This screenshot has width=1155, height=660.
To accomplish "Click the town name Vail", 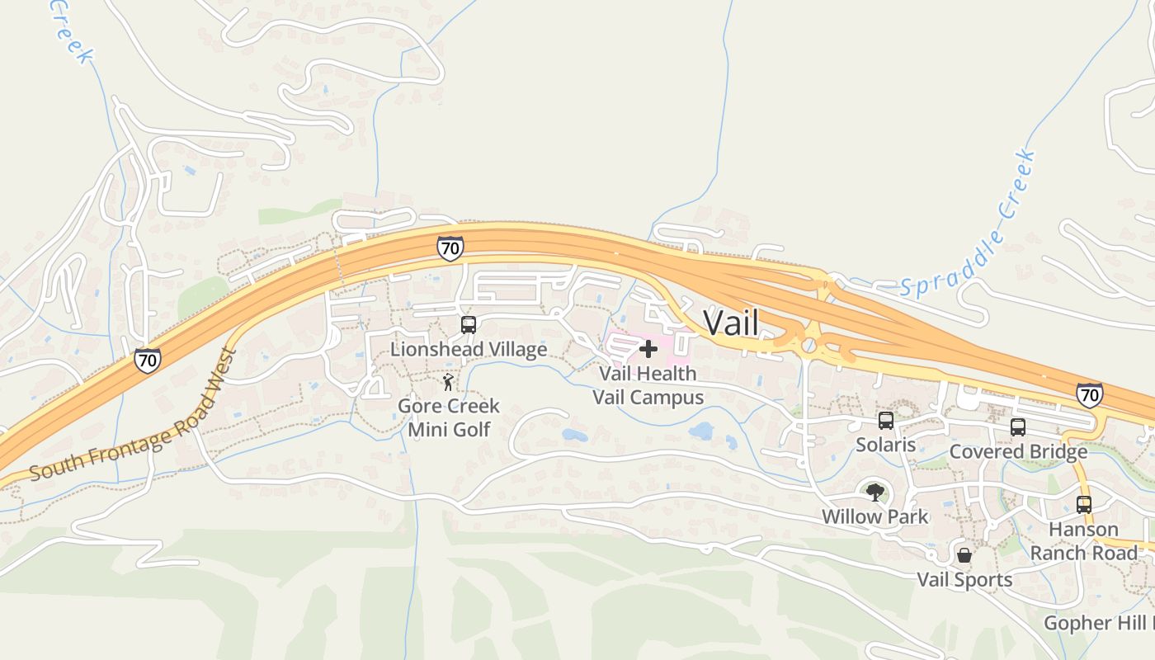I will pyautogui.click(x=730, y=322).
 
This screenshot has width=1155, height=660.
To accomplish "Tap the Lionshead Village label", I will pyautogui.click(x=468, y=349).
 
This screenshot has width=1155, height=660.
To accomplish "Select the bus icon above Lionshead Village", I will pyautogui.click(x=468, y=324).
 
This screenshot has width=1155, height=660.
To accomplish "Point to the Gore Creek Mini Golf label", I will pyautogui.click(x=449, y=417).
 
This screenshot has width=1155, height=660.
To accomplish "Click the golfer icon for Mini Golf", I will pyautogui.click(x=448, y=382).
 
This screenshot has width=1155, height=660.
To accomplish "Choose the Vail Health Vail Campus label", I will pyautogui.click(x=648, y=385).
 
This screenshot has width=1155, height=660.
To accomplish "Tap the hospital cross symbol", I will pyautogui.click(x=648, y=349).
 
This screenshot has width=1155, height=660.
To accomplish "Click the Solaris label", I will pyautogui.click(x=885, y=445).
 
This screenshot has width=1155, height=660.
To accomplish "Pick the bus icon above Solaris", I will pyautogui.click(x=886, y=421).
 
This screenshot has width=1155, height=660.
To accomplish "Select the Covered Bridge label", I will pyautogui.click(x=1018, y=451).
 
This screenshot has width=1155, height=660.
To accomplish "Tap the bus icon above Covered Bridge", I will pyautogui.click(x=1018, y=427).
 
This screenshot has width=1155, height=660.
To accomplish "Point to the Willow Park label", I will pyautogui.click(x=874, y=516).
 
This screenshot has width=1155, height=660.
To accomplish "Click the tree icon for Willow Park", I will pyautogui.click(x=874, y=493).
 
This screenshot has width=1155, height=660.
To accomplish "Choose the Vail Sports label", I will pyautogui.click(x=964, y=579).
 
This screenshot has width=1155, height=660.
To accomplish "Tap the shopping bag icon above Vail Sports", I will pyautogui.click(x=964, y=555).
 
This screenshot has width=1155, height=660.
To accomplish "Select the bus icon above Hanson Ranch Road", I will pyautogui.click(x=1084, y=505).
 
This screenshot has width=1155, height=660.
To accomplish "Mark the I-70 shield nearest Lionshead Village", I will pyautogui.click(x=450, y=247).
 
